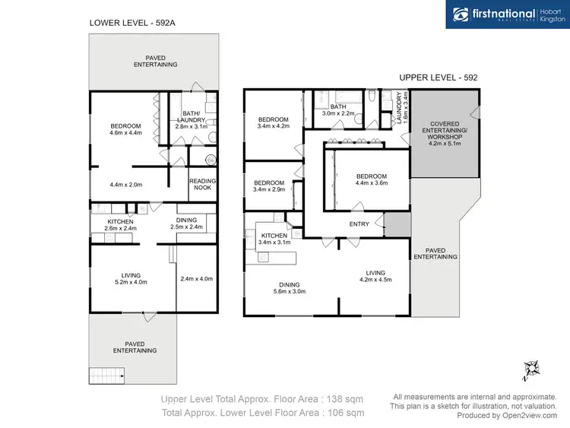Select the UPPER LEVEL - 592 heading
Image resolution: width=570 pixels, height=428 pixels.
click(x=439, y=78)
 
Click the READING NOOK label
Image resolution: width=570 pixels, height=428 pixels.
click(x=202, y=185)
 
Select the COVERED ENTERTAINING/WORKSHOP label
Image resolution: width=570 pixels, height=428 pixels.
click(x=445, y=133)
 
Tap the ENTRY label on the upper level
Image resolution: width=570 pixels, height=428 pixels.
click(x=359, y=224)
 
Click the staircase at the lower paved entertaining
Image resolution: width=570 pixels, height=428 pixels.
click(x=106, y=375)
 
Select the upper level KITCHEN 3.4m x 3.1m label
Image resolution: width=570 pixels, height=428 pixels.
click(x=274, y=240)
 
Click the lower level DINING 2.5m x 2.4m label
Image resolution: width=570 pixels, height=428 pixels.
click(x=187, y=224)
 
